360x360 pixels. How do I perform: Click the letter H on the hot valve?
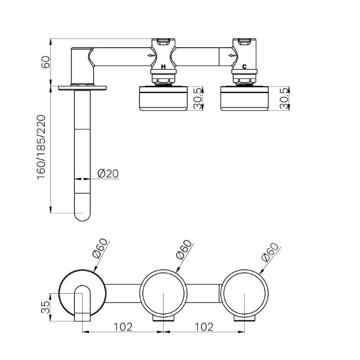(163, 67)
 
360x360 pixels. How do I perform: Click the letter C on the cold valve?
(244, 67)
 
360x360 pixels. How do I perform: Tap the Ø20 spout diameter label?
(107, 174)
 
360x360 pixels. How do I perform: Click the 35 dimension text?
(47, 307)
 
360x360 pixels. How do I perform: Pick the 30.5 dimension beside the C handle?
(285, 99)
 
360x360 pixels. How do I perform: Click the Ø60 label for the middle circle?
(183, 249)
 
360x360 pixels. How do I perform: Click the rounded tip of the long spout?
(82, 214)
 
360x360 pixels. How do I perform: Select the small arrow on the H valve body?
(150, 56)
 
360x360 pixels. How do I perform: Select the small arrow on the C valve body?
(230, 56)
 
